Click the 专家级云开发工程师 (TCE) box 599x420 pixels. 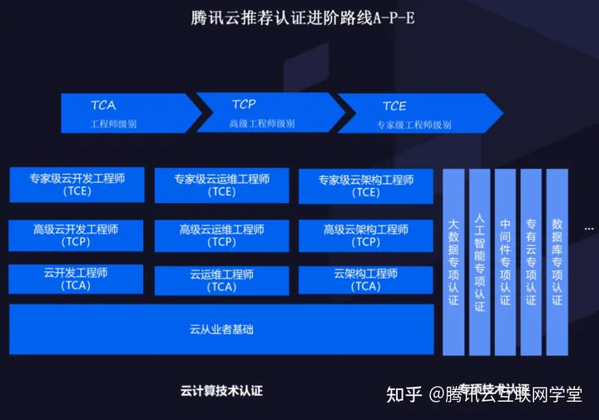point(77,185)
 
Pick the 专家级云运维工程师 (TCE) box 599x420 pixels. point(222,185)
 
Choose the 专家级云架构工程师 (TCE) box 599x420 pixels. point(366,185)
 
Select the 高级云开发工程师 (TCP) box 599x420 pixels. point(77,235)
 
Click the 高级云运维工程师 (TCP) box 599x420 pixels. point(222,235)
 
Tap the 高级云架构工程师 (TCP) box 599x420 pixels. point(366,235)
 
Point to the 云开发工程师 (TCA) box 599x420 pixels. point(77,279)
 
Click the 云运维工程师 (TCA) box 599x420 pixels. point(222,279)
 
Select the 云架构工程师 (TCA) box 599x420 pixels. point(366,279)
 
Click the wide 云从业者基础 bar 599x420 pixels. point(221,329)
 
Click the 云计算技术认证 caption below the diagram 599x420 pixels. point(221,389)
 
